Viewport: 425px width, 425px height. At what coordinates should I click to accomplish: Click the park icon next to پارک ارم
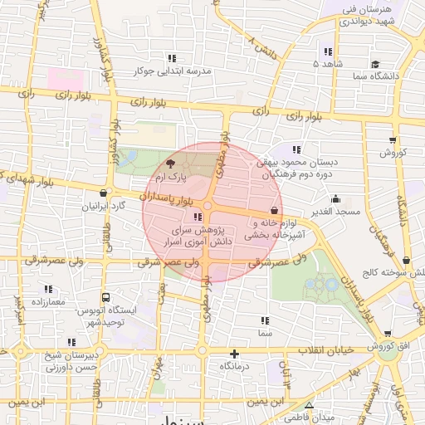tap(170, 164)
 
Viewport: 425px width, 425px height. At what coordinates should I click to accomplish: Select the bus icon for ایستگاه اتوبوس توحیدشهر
tap(106, 297)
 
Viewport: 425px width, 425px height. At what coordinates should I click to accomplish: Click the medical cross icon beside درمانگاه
tap(235, 354)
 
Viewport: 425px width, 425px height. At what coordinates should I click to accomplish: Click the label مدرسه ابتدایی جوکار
tap(172, 71)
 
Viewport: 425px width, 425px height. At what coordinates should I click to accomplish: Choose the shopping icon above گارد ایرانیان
tap(103, 193)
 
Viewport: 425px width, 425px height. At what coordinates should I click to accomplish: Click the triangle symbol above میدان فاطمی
tap(309, 405)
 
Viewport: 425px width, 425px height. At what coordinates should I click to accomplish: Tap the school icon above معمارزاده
tap(47, 289)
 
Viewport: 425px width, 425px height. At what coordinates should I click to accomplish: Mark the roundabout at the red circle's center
tap(207, 206)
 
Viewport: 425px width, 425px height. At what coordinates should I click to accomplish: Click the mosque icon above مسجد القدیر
tap(335, 199)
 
